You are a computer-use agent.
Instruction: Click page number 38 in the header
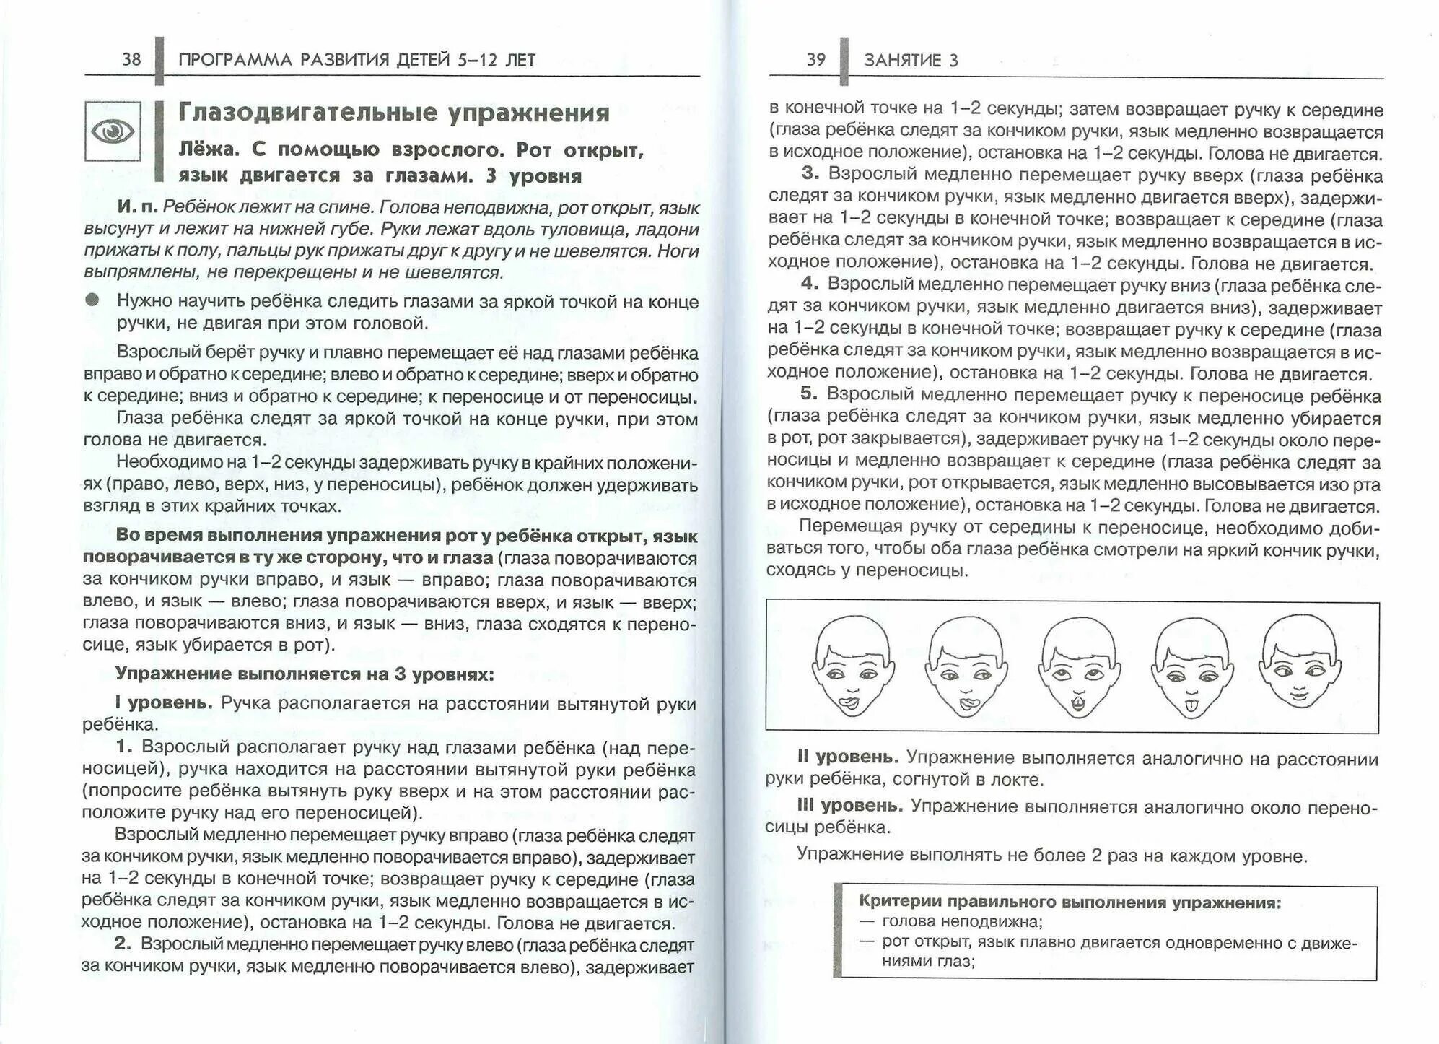(x=131, y=59)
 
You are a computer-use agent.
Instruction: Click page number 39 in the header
(x=815, y=59)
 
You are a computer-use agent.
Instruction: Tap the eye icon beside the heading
(x=113, y=131)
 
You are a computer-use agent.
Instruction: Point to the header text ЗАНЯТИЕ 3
(x=911, y=61)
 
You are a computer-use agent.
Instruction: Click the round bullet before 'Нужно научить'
(x=92, y=300)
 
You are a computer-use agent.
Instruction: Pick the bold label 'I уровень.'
(x=164, y=703)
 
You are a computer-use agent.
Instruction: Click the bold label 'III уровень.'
(x=849, y=805)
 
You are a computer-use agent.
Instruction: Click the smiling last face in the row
(x=1299, y=662)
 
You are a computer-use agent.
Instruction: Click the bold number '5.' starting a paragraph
(x=809, y=393)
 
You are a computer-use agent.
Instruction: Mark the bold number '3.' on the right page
(x=810, y=173)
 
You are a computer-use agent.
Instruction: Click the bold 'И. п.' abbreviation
(x=137, y=207)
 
